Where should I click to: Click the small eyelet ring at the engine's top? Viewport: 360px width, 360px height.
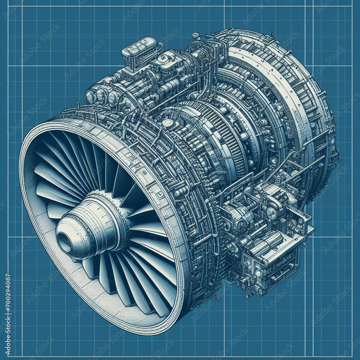pos(195,35)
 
